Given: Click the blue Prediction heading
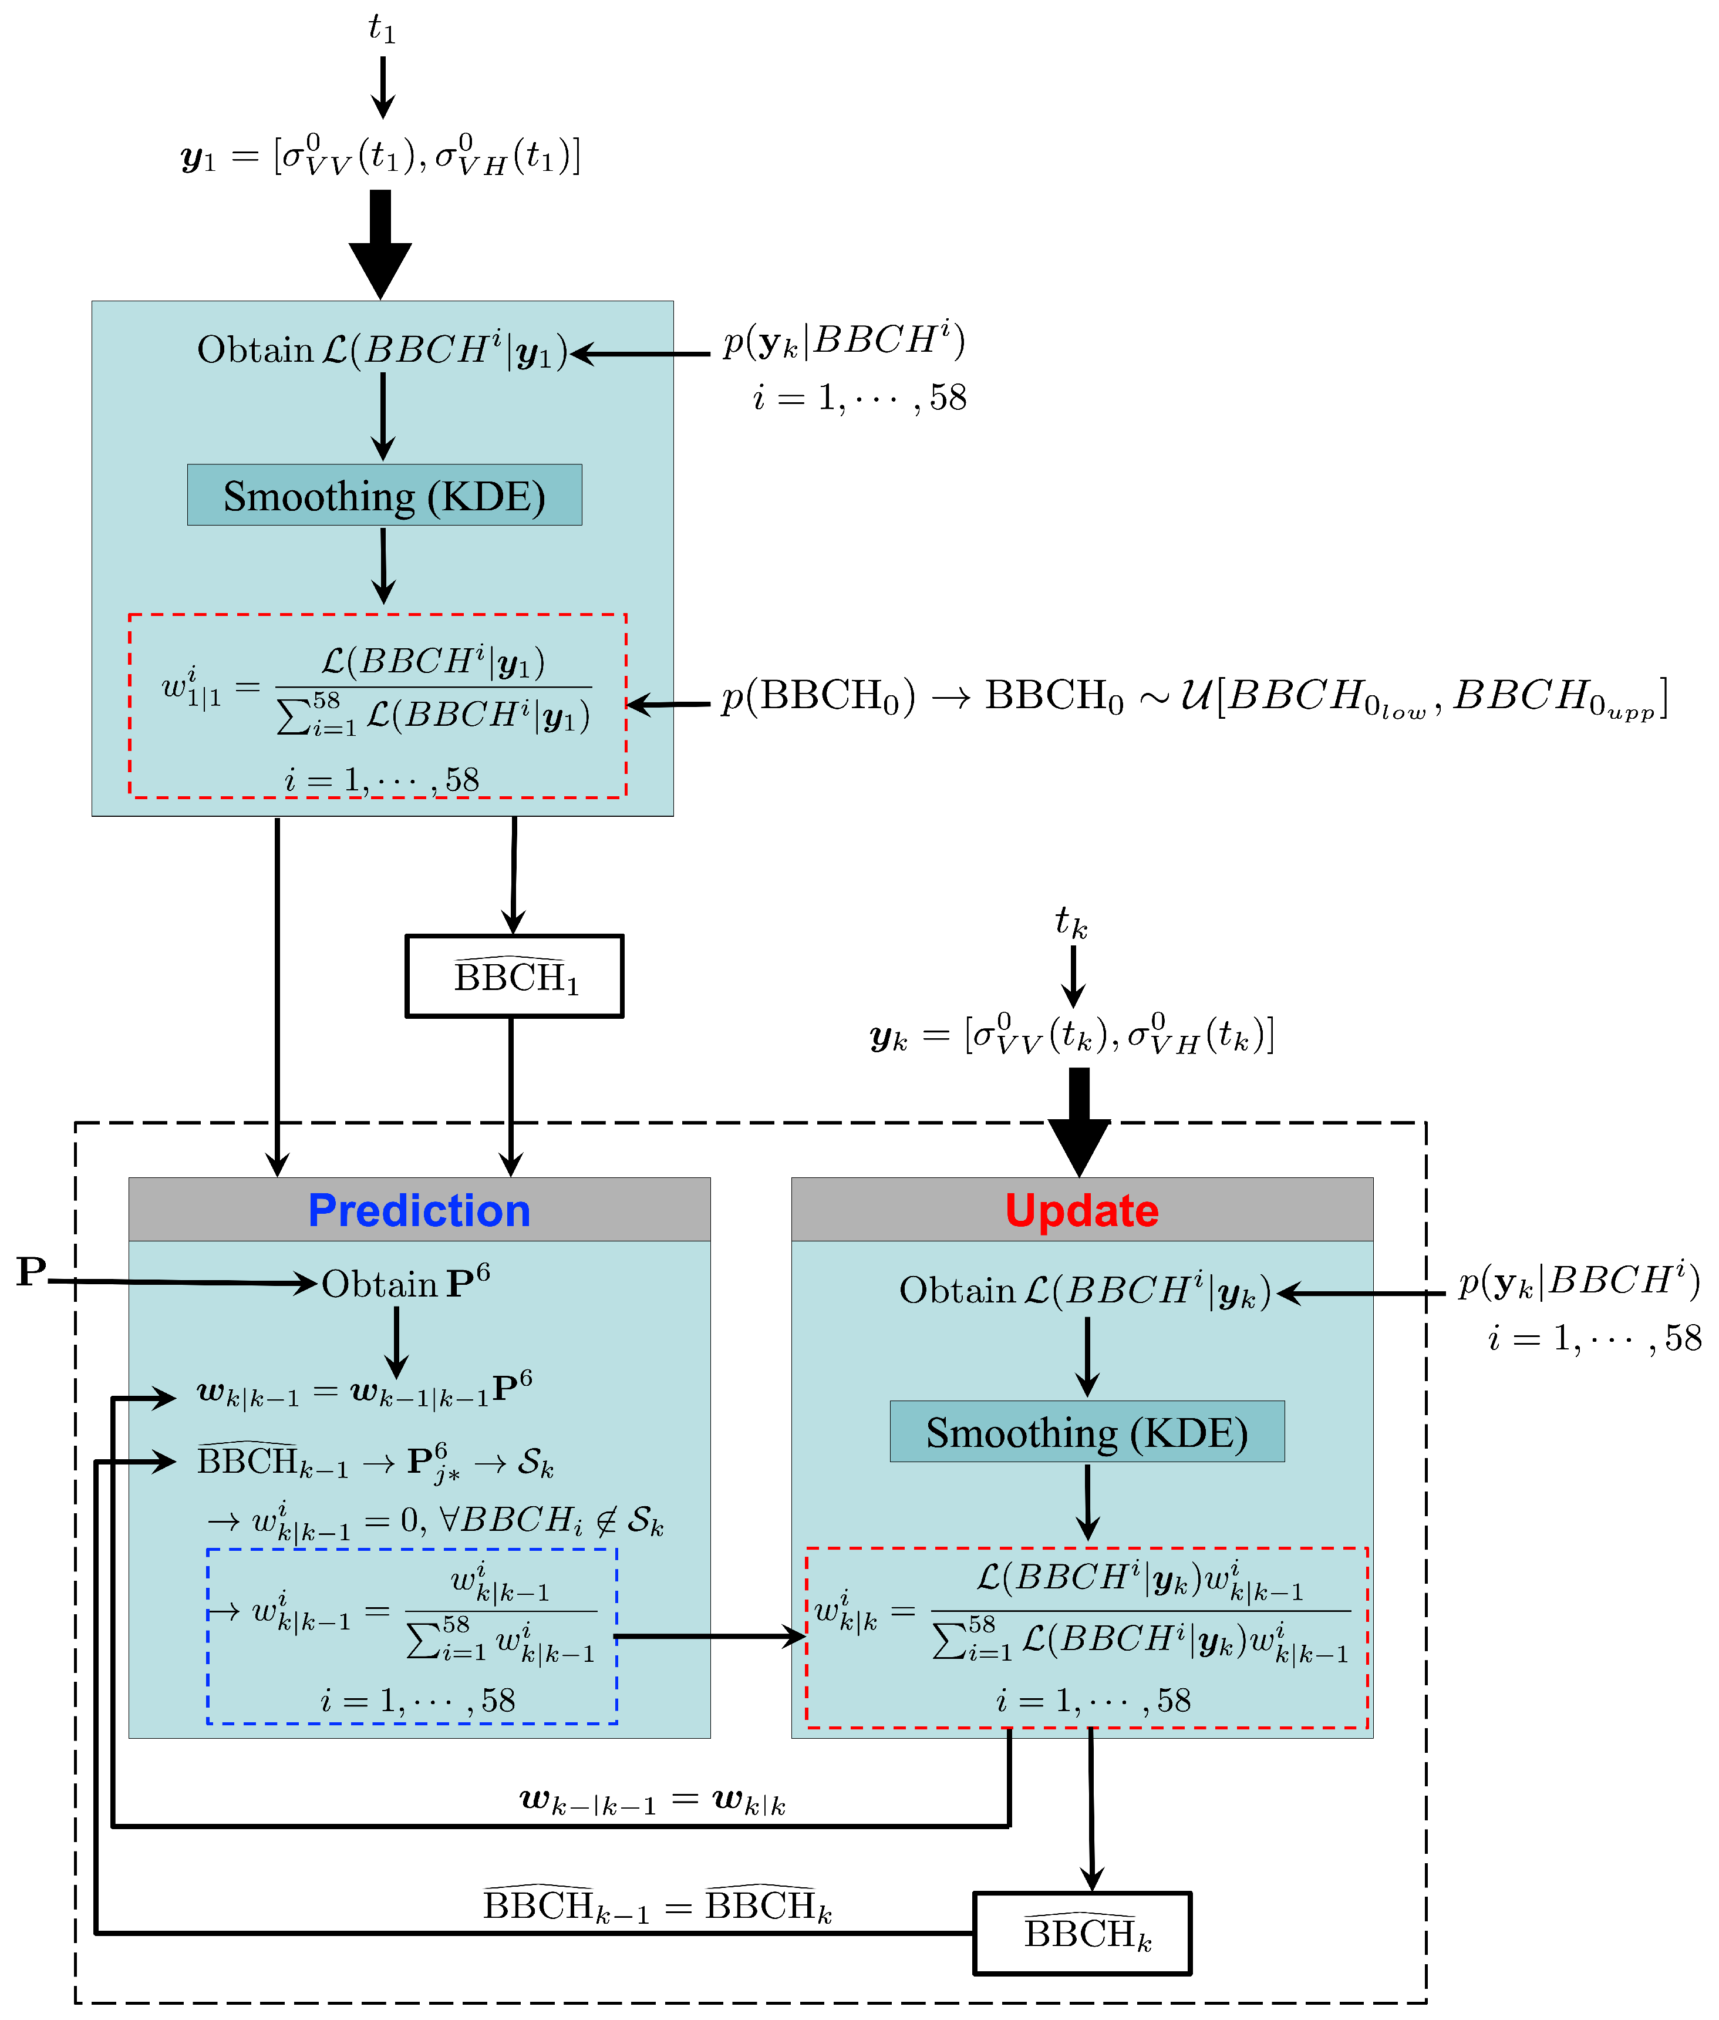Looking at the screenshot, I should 419,1210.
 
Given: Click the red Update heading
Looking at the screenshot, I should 1081,1210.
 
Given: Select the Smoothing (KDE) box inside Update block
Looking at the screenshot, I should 1087,1432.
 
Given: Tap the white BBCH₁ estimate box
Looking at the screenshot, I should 514,977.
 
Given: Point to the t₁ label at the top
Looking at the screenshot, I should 382,29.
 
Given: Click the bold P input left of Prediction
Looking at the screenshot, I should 31,1272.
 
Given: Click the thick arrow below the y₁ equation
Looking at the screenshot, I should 381,244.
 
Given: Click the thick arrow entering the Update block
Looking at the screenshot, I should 1078,1120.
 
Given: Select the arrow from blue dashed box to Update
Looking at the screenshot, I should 712,1636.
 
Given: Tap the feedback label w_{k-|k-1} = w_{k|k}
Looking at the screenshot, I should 653,1800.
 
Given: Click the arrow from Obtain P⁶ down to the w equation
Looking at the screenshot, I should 397,1341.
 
